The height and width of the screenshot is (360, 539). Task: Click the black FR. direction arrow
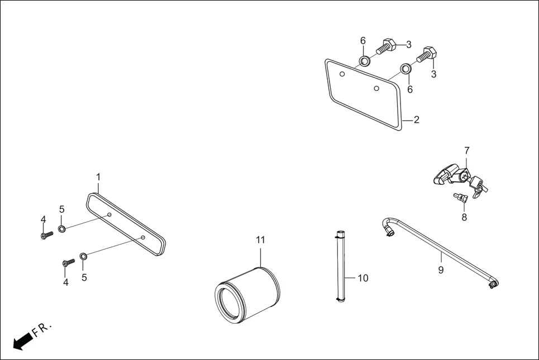(22, 341)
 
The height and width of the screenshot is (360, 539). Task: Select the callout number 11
(260, 240)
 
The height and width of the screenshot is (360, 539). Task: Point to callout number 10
(363, 278)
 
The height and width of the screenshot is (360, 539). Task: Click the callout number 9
(441, 270)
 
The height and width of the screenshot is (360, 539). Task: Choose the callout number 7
(467, 151)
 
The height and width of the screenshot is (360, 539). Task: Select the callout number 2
(417, 120)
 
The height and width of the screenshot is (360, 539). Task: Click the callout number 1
(98, 177)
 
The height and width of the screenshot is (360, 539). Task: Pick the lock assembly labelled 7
(460, 180)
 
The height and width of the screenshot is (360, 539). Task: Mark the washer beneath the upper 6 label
(365, 61)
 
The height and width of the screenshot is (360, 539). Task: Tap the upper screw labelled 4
(47, 235)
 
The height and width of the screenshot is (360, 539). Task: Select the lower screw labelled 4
(69, 262)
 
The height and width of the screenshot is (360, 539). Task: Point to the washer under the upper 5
(62, 228)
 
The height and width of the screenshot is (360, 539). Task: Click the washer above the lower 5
(84, 256)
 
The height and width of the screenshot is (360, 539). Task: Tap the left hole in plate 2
(342, 74)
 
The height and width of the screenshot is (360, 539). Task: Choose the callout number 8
(464, 218)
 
